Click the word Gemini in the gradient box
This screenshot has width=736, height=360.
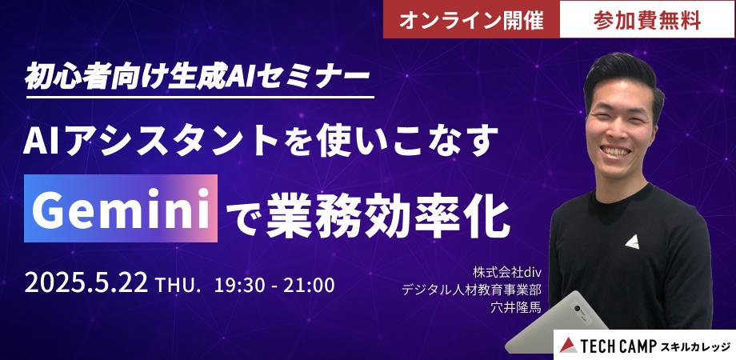tap(123, 213)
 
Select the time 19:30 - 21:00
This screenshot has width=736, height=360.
tap(274, 285)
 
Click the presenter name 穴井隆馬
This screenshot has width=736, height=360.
tap(520, 306)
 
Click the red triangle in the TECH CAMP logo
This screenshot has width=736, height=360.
tap(568, 345)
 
